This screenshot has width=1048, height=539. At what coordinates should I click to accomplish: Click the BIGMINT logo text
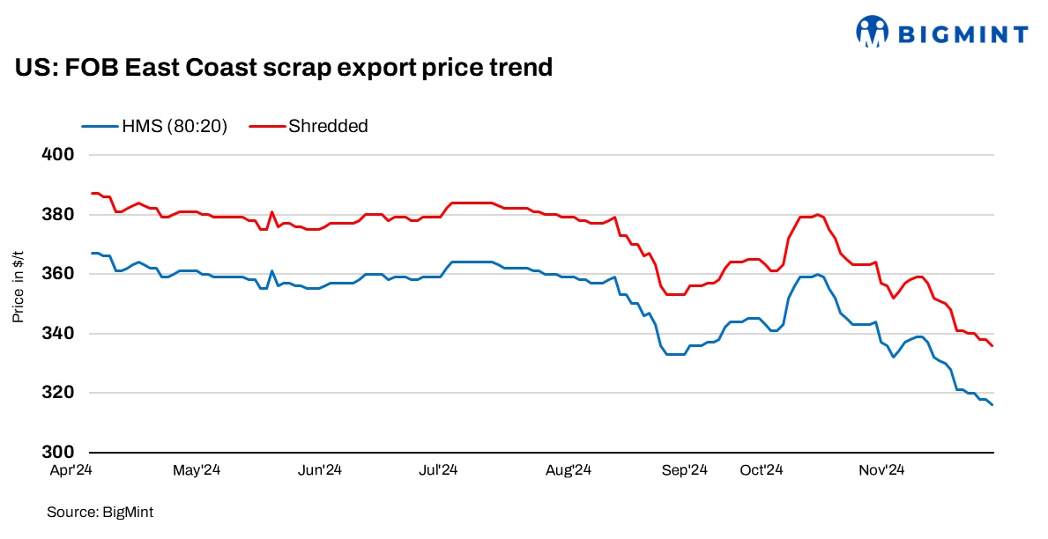pyautogui.click(x=963, y=34)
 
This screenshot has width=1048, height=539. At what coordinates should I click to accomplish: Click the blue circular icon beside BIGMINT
pyautogui.click(x=872, y=32)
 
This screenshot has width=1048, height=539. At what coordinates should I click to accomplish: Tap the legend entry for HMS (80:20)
pyautogui.click(x=154, y=126)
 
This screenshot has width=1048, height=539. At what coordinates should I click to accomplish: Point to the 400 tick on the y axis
pyautogui.click(x=58, y=155)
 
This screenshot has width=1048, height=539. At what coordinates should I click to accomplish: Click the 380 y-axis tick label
pyautogui.click(x=58, y=215)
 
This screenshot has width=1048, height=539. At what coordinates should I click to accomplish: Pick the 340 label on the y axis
pyautogui.click(x=58, y=334)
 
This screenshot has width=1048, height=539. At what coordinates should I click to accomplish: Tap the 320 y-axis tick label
pyautogui.click(x=58, y=393)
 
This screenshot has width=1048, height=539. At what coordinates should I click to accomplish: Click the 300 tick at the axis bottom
pyautogui.click(x=58, y=453)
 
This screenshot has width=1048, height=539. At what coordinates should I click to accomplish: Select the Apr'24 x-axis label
pyautogui.click(x=71, y=470)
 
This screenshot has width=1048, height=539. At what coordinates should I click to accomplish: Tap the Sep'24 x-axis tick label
pyautogui.click(x=685, y=470)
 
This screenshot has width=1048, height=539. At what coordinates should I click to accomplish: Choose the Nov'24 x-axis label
pyautogui.click(x=882, y=470)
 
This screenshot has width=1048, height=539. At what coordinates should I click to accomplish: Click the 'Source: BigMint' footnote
pyautogui.click(x=93, y=512)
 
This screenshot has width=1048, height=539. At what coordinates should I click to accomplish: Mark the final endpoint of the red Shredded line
pyautogui.click(x=992, y=346)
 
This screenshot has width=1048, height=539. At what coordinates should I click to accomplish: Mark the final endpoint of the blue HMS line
pyautogui.click(x=992, y=405)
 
